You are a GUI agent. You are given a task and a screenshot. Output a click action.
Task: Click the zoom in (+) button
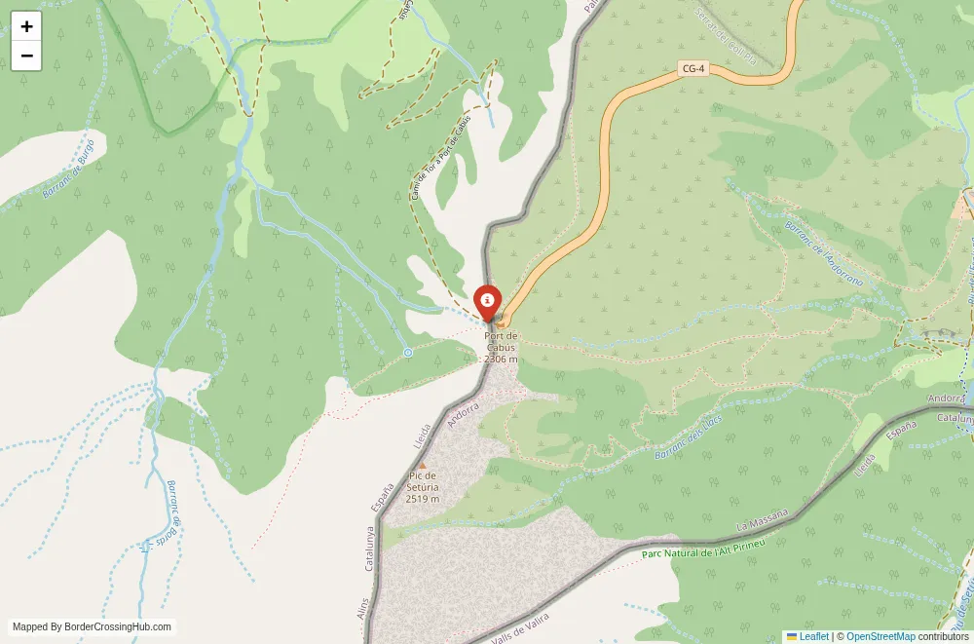tap(26, 26)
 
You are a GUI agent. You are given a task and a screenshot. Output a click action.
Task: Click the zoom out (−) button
tap(26, 56)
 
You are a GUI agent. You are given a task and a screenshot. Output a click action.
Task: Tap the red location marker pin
tap(487, 301)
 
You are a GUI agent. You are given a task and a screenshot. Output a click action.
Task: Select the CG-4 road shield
tap(692, 69)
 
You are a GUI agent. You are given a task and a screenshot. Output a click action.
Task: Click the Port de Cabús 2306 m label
tap(501, 348)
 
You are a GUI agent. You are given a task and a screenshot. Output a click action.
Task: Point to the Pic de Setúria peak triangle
tap(422, 465)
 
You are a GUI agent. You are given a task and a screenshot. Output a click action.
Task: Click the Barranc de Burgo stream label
tap(69, 169)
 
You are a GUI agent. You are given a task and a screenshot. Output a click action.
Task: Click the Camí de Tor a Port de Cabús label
tap(440, 157)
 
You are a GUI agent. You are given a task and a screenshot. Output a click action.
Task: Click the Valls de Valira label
tap(520, 627)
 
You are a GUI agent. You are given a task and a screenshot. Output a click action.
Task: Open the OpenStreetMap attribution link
tap(880, 636)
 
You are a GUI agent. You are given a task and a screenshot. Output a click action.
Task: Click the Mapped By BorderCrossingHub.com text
tap(92, 627)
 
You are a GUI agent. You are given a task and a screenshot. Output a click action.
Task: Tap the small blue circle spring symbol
tap(408, 352)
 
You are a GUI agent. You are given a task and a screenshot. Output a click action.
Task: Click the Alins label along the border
tap(365, 611)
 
